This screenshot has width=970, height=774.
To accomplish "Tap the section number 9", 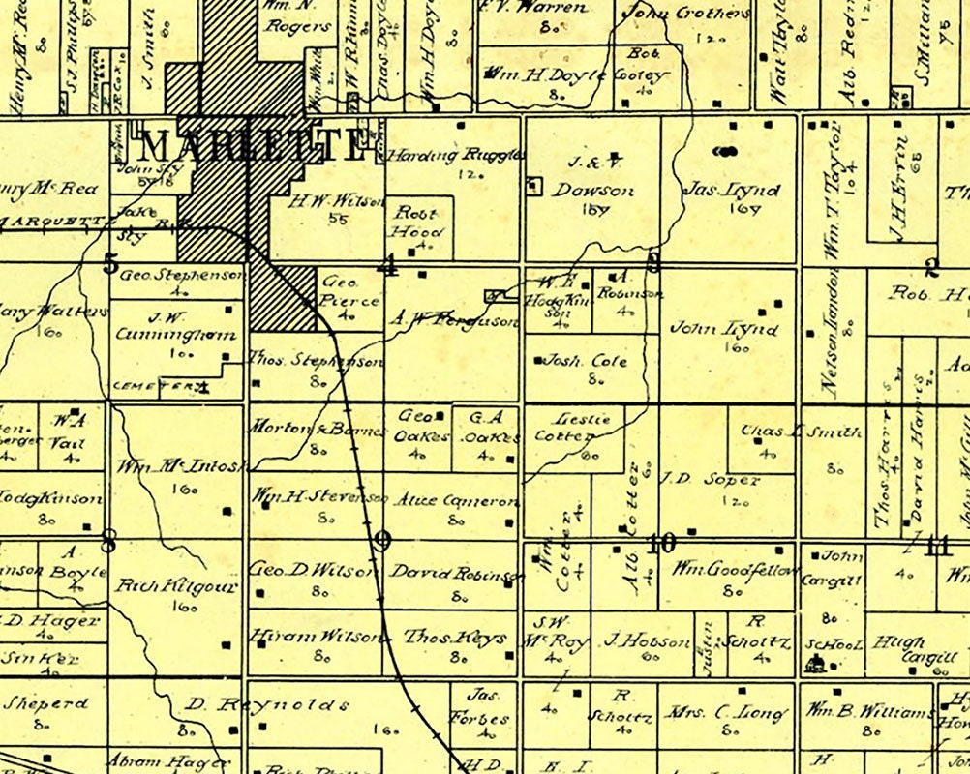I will [382, 541].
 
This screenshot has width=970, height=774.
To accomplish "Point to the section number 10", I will [661, 544].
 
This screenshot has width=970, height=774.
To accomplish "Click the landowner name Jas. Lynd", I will [731, 191].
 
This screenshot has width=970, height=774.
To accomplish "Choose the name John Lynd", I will [724, 329].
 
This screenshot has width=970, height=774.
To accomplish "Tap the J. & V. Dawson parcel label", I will [592, 179].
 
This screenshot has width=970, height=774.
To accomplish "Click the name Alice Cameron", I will [456, 501].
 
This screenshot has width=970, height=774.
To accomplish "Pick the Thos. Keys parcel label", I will [455, 638].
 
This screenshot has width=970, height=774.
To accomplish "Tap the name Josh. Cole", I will [585, 362].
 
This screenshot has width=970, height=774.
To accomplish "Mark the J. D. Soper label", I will [712, 479].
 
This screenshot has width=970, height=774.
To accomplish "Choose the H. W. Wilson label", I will [324, 202].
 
